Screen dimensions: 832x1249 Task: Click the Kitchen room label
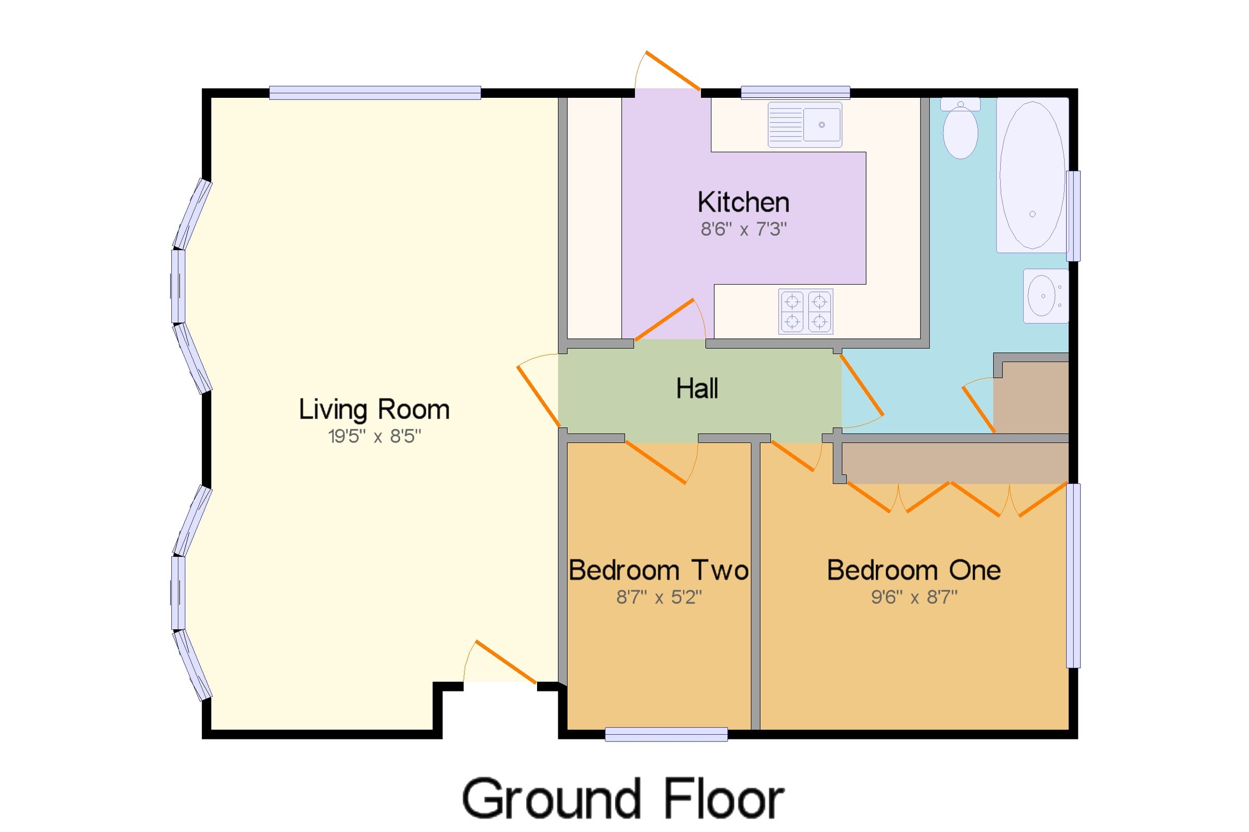(743, 202)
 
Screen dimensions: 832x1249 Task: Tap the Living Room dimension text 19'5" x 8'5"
(374, 437)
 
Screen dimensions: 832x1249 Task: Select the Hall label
(697, 388)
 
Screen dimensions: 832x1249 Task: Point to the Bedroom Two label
(658, 570)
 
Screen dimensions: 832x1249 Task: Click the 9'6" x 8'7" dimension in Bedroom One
(914, 597)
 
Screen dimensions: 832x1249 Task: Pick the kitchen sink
(805, 125)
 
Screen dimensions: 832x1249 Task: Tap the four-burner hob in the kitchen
(806, 312)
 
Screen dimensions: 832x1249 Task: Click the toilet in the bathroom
(960, 130)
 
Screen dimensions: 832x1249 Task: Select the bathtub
(1031, 175)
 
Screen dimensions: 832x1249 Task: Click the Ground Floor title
(623, 798)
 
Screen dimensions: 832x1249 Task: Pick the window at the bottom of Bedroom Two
(666, 734)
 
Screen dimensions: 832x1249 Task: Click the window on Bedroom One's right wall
(1073, 575)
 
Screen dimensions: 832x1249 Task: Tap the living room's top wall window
(375, 93)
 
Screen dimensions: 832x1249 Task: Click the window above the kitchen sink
(795, 93)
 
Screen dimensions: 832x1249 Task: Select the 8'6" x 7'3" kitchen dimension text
(743, 229)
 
